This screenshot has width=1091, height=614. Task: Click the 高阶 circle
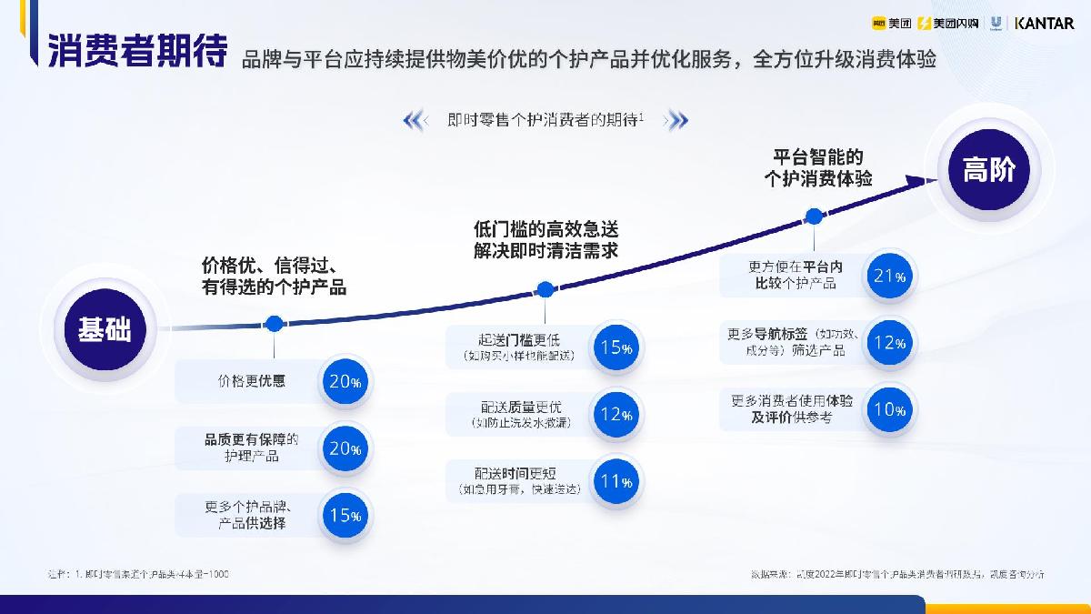[988, 170]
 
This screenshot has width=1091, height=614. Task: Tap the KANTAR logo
[1044, 23]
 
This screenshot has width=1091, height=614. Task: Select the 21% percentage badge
[889, 277]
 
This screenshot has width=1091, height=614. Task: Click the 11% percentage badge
[616, 481]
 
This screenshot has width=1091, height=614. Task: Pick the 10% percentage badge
[889, 409]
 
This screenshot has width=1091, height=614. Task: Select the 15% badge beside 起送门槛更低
[616, 347]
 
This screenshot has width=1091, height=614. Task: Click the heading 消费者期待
[137, 52]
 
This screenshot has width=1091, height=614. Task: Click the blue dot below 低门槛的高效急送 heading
[545, 290]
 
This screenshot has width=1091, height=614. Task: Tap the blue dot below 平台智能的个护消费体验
[815, 216]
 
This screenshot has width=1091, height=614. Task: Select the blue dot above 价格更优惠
[274, 323]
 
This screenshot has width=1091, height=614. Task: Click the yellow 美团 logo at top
[890, 23]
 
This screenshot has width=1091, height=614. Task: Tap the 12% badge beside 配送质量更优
[616, 414]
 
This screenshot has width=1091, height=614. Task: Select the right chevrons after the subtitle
[677, 120]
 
